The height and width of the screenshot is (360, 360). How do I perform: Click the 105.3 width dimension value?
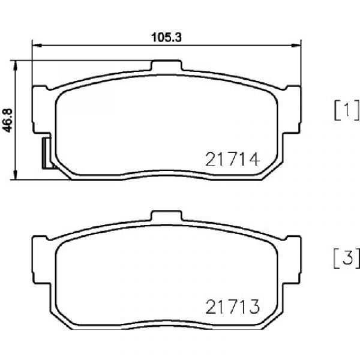coord(166,37)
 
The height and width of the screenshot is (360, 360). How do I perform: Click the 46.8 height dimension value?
coord(7,121)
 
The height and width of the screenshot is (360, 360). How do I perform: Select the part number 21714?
coord(233,160)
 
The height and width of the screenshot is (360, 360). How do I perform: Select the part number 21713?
coord(233,307)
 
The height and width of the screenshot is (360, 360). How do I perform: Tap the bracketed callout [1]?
coord(346,110)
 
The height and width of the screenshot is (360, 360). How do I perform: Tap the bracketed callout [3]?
coord(346,258)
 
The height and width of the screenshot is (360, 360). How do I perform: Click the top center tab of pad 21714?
coord(166,65)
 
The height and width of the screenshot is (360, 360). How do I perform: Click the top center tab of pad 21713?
coord(166,215)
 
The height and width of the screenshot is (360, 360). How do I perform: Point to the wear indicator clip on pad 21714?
coord(47,153)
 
